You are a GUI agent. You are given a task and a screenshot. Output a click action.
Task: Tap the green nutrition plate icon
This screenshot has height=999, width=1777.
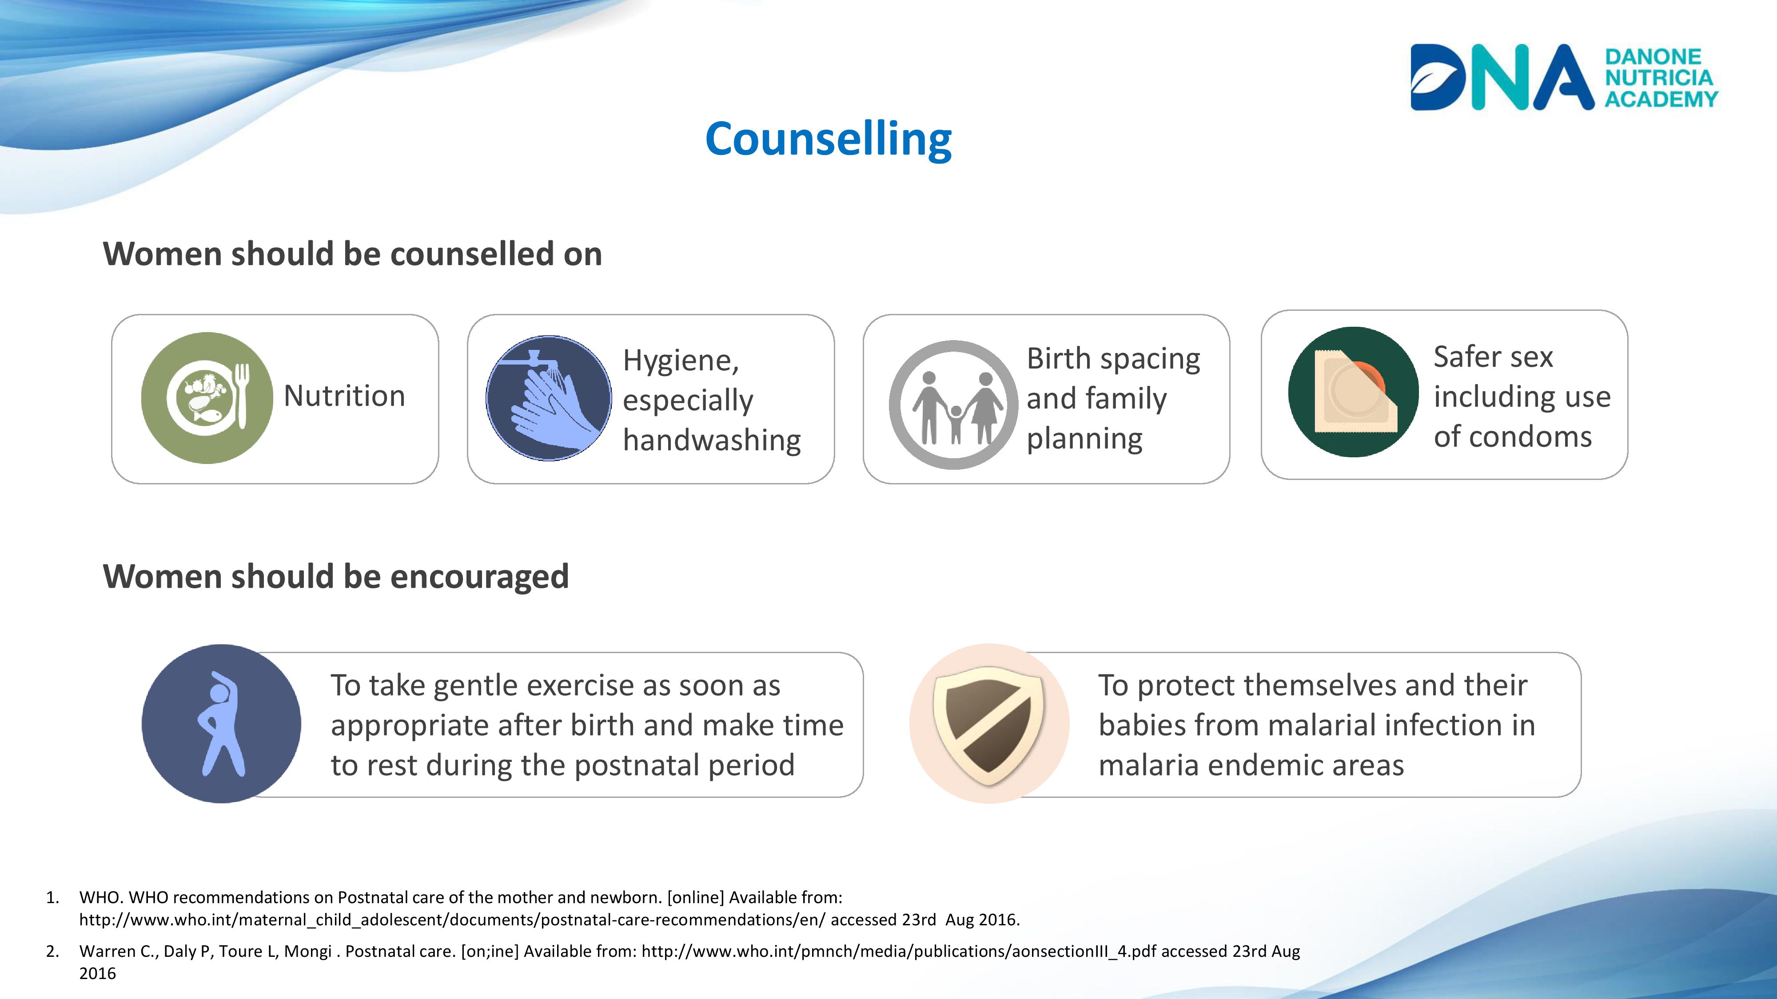(x=207, y=398)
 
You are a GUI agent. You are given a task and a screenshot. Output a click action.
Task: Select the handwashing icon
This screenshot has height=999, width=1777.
(x=548, y=398)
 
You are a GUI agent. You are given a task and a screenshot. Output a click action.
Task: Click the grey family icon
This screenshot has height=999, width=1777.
(x=953, y=404)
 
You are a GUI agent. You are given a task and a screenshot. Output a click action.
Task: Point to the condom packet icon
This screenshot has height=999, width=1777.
(x=1354, y=392)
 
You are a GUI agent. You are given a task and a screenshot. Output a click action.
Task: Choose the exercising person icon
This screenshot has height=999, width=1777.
(x=221, y=723)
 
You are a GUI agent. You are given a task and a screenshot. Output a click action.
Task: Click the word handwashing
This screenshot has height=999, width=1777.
(x=712, y=440)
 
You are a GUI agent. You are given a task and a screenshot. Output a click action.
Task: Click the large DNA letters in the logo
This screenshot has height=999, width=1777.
(x=1502, y=77)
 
